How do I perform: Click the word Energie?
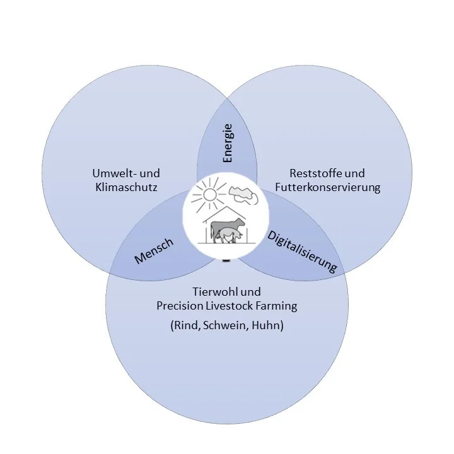[x=228, y=143]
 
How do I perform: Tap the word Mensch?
[x=154, y=250]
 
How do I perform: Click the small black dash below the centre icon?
[x=226, y=259]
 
